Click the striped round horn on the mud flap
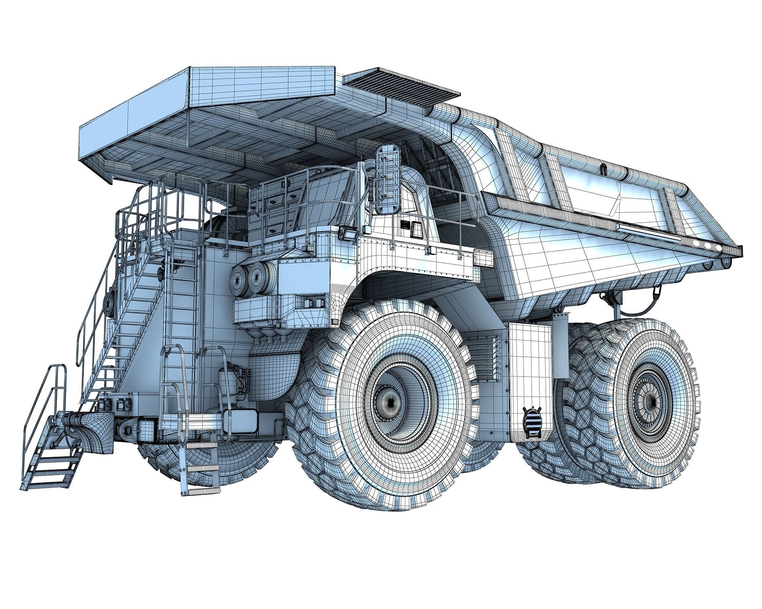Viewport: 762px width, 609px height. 532,421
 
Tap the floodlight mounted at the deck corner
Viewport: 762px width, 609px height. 349,233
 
